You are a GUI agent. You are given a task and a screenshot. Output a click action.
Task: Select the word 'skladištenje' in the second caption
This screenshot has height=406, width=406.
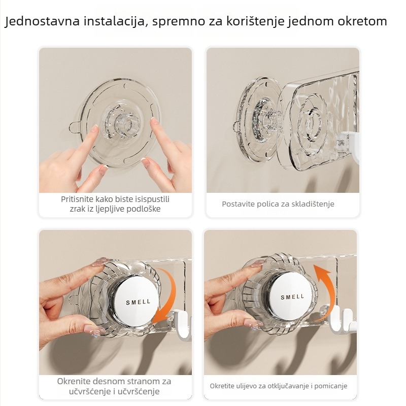click(x=312, y=204)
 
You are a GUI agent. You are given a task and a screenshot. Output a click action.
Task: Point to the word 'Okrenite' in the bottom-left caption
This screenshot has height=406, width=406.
click(x=75, y=381)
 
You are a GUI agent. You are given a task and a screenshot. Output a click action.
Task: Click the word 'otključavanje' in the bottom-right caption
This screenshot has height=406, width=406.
click(x=287, y=386)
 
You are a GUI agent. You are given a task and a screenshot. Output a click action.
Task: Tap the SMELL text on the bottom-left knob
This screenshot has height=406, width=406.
click(x=138, y=301)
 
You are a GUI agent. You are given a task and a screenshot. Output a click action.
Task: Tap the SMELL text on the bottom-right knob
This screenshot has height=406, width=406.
click(x=292, y=297)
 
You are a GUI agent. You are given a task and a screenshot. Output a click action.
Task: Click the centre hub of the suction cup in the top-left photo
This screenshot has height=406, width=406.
click(x=121, y=122)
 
